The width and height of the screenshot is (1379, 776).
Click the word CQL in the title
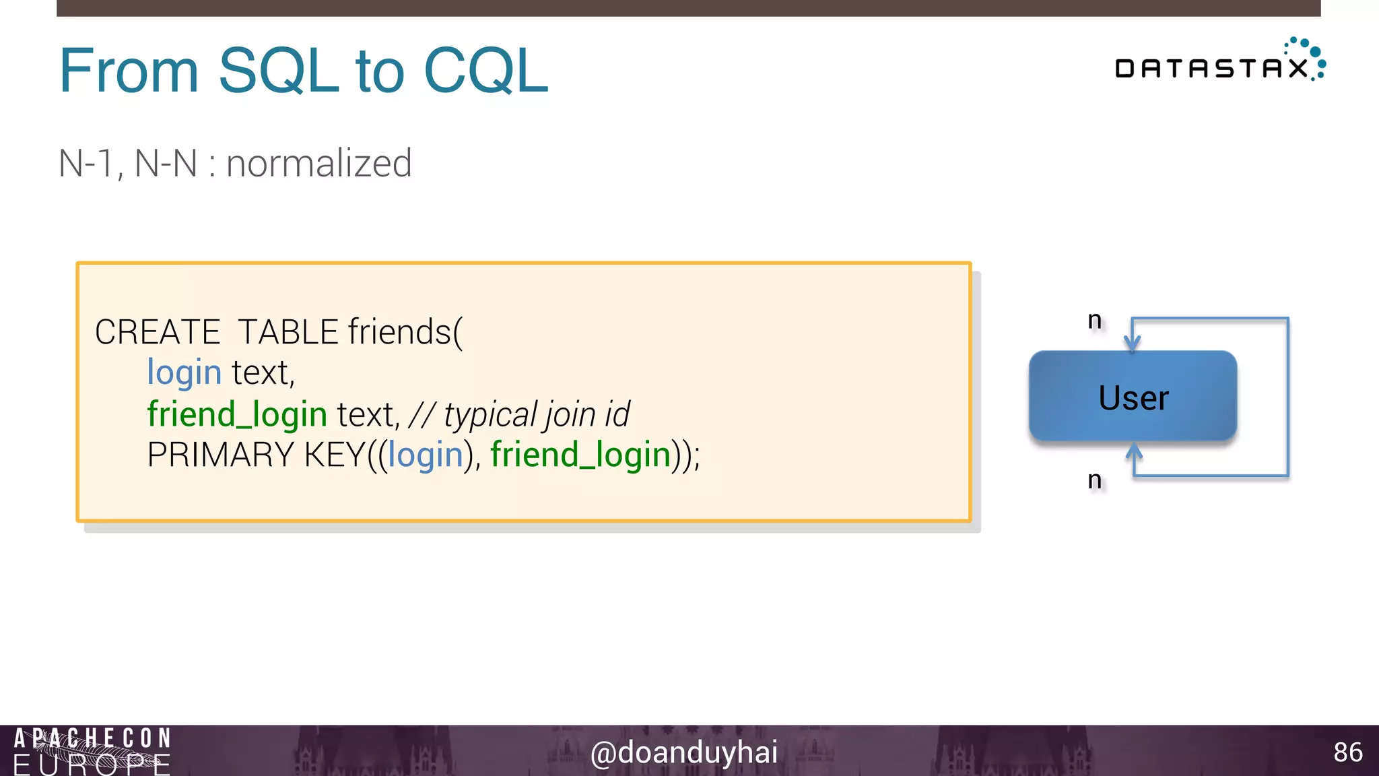pos(486,71)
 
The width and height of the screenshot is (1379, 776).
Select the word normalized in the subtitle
pos(318,164)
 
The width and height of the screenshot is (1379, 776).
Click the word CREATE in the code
pos(158,332)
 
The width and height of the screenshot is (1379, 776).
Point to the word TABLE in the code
pos(288,332)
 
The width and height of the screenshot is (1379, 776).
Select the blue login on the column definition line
pos(184,373)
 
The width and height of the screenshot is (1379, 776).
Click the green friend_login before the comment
pos(237,414)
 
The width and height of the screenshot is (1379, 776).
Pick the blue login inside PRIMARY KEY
pos(426,455)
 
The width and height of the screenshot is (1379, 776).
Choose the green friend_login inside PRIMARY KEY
pos(580,455)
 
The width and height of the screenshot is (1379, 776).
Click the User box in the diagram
pos(1133,397)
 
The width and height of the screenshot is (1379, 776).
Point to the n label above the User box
pos(1095,320)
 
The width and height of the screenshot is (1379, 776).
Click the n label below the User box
pos(1095,480)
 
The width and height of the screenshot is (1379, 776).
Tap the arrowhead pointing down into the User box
pos(1133,343)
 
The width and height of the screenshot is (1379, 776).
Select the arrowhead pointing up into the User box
pos(1135,451)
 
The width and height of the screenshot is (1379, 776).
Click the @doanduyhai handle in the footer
pos(683,752)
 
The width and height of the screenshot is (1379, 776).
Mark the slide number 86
pos(1348,752)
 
